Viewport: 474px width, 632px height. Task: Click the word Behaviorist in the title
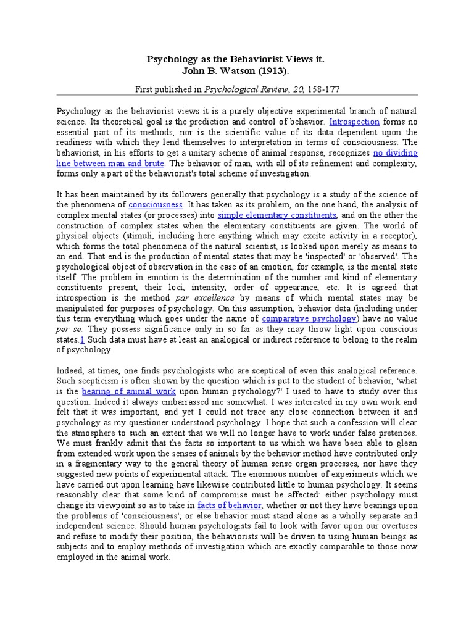(x=245, y=60)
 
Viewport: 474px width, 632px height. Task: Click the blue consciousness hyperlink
(x=156, y=204)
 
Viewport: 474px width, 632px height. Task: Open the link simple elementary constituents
(x=276, y=215)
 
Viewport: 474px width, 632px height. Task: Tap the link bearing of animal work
(x=129, y=391)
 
